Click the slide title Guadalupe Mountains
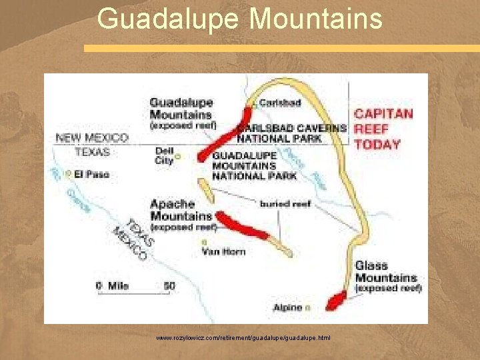coord(240,18)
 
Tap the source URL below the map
coord(243,338)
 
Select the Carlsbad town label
coord(280,103)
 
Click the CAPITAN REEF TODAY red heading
coord(383,129)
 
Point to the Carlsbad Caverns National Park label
coord(292,133)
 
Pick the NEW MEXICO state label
coord(92,137)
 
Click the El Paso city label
coord(92,174)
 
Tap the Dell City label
coord(163,155)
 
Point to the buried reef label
coord(285,203)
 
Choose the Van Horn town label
coord(223,251)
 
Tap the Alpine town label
coord(287,307)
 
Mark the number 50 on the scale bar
coord(169,286)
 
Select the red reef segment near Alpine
coord(334,301)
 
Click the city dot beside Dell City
coord(178,158)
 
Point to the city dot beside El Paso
coord(69,174)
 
